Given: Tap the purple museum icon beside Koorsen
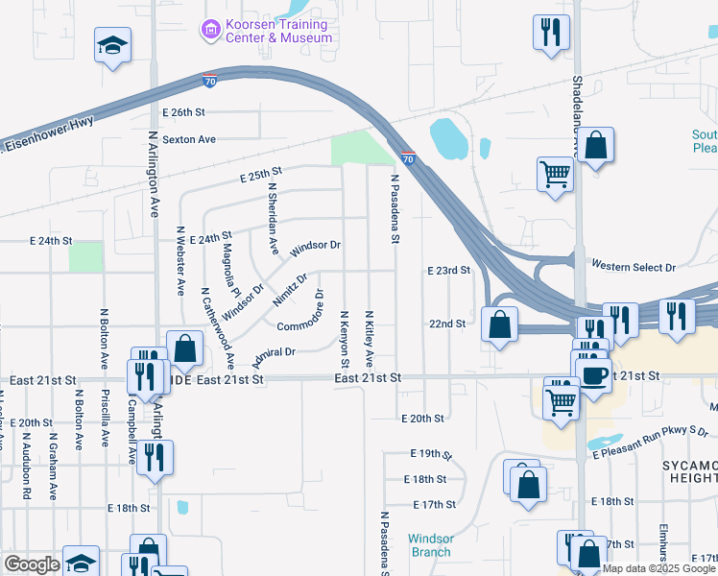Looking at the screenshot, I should tap(210, 31).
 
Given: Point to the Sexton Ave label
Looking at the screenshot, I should tap(189, 139).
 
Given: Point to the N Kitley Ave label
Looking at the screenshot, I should tap(370, 338).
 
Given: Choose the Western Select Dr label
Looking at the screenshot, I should tap(634, 265).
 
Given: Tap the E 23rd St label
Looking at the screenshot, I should tap(448, 271).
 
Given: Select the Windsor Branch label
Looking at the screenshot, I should tap(429, 545).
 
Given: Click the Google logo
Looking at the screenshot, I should tap(32, 564).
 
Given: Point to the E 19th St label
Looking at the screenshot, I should tap(429, 453).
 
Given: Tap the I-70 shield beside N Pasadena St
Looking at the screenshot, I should tap(408, 158).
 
